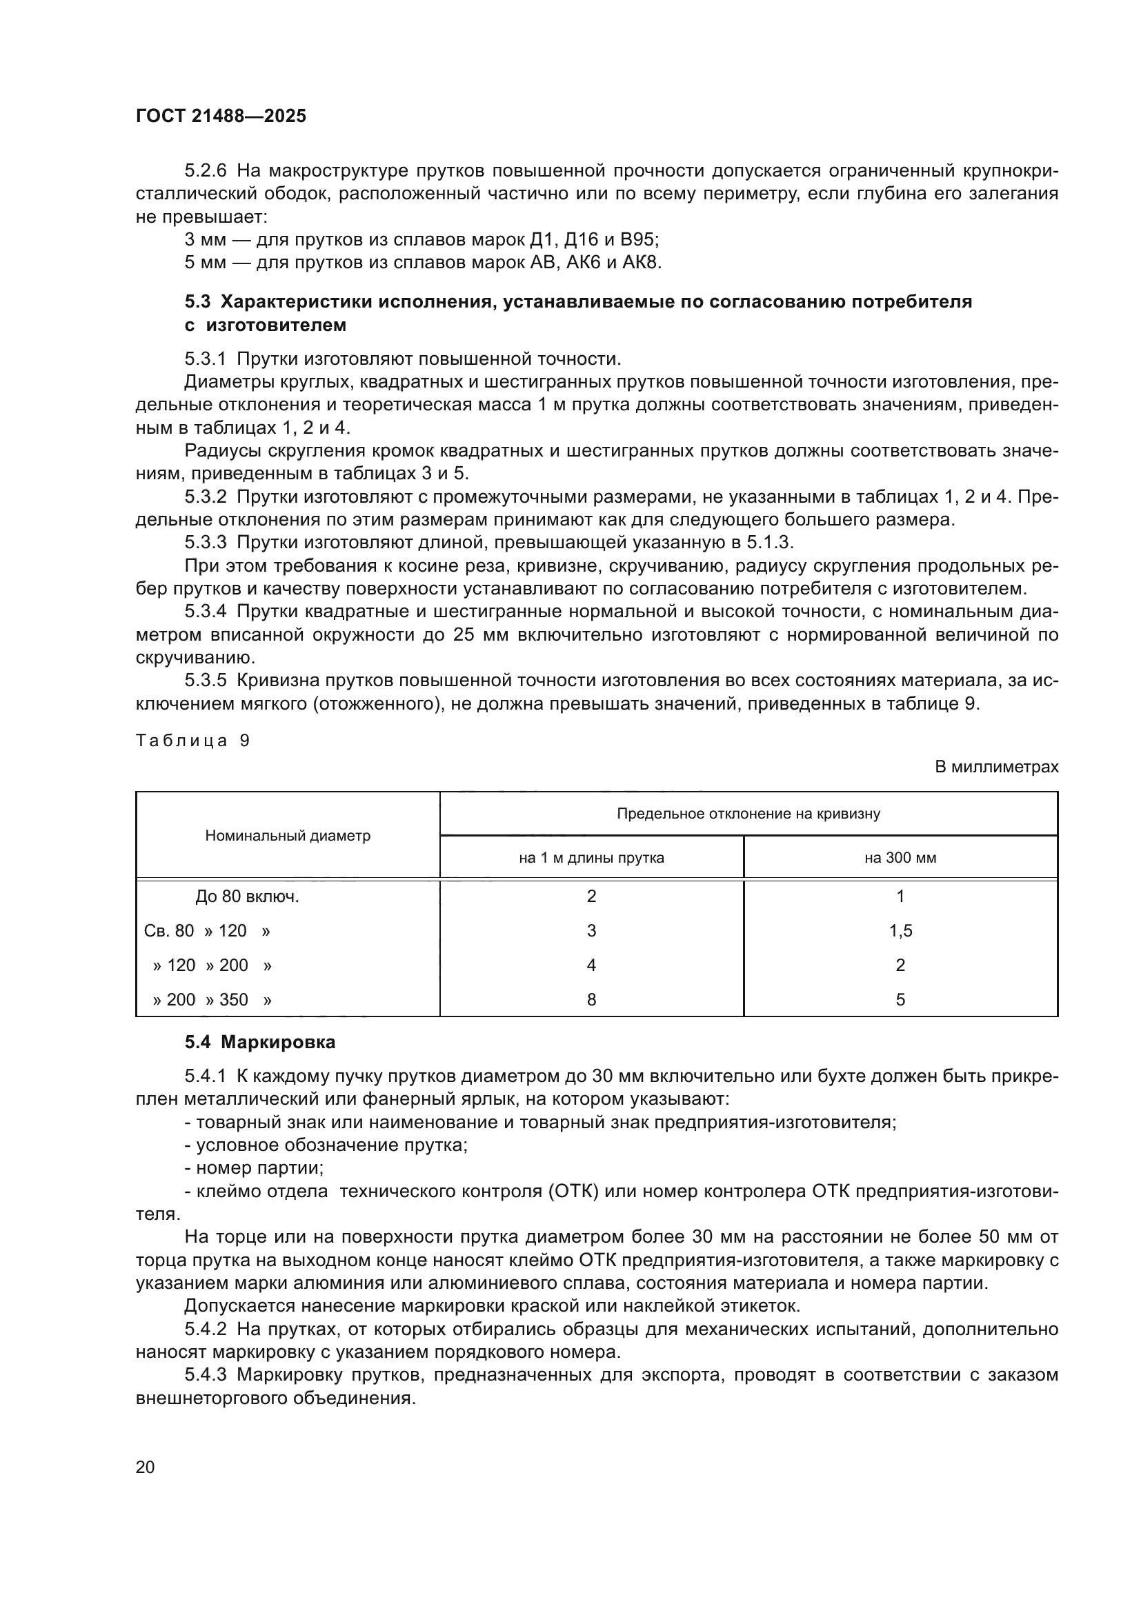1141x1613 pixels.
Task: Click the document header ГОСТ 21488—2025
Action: coord(221,117)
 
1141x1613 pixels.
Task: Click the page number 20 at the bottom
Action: coord(145,1467)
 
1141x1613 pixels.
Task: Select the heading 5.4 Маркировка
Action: coord(260,1043)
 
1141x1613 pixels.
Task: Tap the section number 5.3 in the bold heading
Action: coord(197,302)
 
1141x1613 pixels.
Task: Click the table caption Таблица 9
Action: coord(192,741)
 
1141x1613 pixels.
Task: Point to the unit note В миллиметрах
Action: coord(996,767)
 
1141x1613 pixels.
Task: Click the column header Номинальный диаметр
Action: coord(288,836)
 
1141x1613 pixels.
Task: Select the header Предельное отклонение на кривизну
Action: coord(748,814)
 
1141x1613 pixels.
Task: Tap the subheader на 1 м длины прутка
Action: coord(591,858)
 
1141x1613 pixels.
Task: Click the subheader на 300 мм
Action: coord(900,858)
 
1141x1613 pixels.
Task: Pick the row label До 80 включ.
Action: coord(248,896)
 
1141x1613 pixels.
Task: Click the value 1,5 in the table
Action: coord(900,931)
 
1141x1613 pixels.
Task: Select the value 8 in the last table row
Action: coord(591,1000)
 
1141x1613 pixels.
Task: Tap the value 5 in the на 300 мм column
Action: coord(900,1000)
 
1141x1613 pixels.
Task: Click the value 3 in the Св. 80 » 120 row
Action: coord(591,931)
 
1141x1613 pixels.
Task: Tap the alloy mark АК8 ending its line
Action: coord(641,263)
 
